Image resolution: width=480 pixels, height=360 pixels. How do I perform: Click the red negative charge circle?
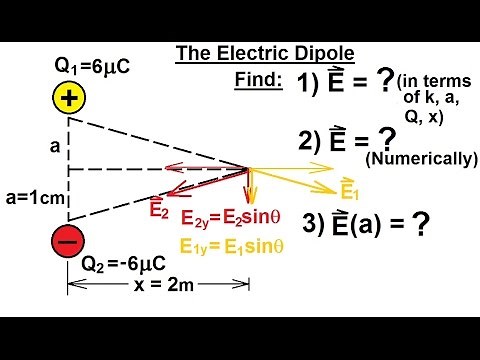click(x=67, y=243)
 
